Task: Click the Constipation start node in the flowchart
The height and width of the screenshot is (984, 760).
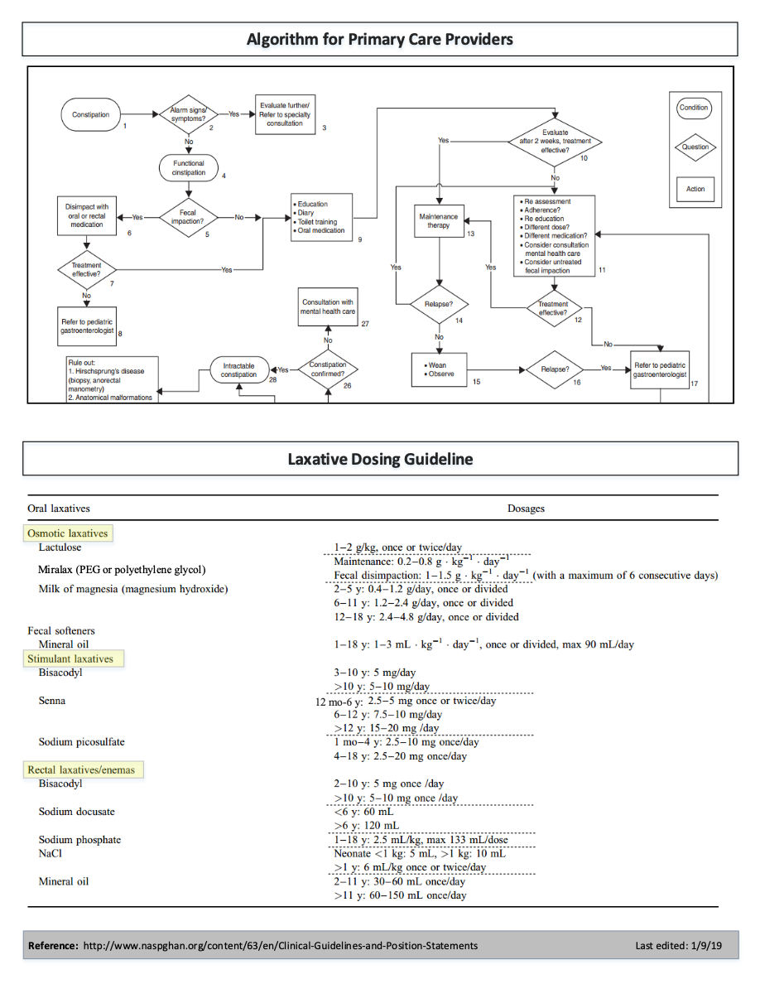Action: [x=90, y=114]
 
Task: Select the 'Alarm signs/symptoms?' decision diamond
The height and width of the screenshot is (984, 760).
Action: [x=189, y=114]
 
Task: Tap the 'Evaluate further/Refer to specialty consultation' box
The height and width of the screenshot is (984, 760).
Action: [x=285, y=114]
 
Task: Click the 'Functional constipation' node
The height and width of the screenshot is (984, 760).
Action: [x=189, y=168]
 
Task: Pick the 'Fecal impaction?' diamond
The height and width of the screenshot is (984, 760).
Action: [x=189, y=217]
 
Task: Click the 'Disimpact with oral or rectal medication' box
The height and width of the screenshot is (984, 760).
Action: [x=87, y=216]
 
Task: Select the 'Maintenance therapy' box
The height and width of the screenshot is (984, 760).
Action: [x=438, y=220]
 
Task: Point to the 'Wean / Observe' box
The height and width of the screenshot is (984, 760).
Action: [x=438, y=369]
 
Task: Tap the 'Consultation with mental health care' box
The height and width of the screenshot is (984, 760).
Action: [x=328, y=307]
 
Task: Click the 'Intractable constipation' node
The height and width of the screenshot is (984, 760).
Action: [x=238, y=369]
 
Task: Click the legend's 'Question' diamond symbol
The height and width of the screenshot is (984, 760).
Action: [x=695, y=147]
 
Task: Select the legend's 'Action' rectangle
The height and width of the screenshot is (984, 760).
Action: [x=695, y=189]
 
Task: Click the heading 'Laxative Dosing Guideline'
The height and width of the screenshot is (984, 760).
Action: [x=380, y=458]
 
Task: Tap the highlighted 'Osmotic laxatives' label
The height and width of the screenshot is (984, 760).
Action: [x=68, y=533]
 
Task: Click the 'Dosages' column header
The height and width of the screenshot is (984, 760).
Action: [x=526, y=508]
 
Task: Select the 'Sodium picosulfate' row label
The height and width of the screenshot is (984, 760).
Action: [x=81, y=741]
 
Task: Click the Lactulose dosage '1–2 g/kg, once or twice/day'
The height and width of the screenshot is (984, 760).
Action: [x=398, y=547]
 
